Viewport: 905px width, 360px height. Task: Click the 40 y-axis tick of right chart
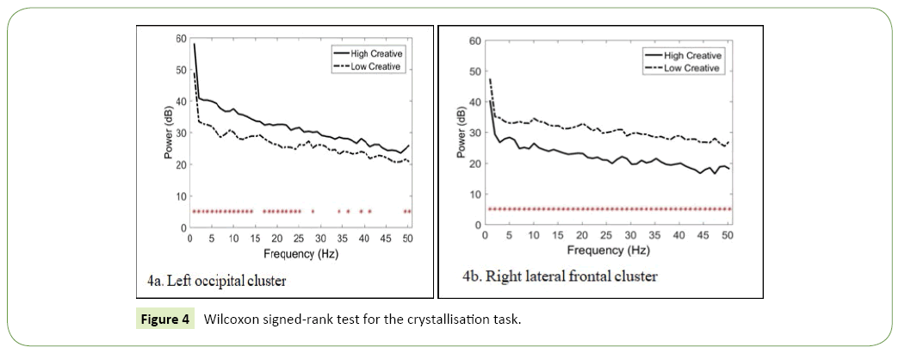474,102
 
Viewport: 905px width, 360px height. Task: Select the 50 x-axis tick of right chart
728,235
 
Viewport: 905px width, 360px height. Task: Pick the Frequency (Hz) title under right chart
609,250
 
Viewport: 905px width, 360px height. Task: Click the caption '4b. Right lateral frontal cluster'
560,276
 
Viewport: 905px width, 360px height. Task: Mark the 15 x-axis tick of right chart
558,235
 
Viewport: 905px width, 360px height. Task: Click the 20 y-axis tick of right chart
474,164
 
